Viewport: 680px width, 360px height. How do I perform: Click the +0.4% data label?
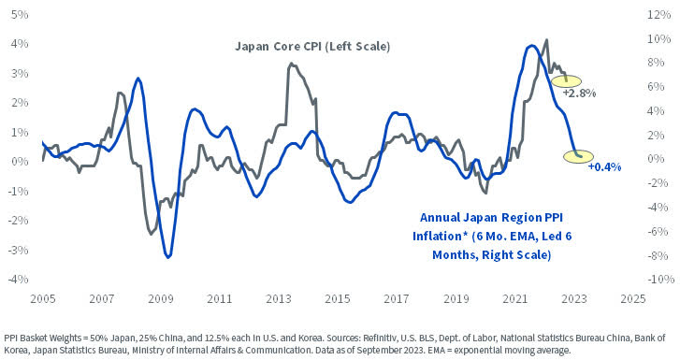click(604, 166)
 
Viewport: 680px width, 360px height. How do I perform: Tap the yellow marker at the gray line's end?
click(567, 80)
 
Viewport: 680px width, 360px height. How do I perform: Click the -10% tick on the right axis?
click(654, 279)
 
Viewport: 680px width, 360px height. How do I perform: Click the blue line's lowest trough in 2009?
click(167, 256)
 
